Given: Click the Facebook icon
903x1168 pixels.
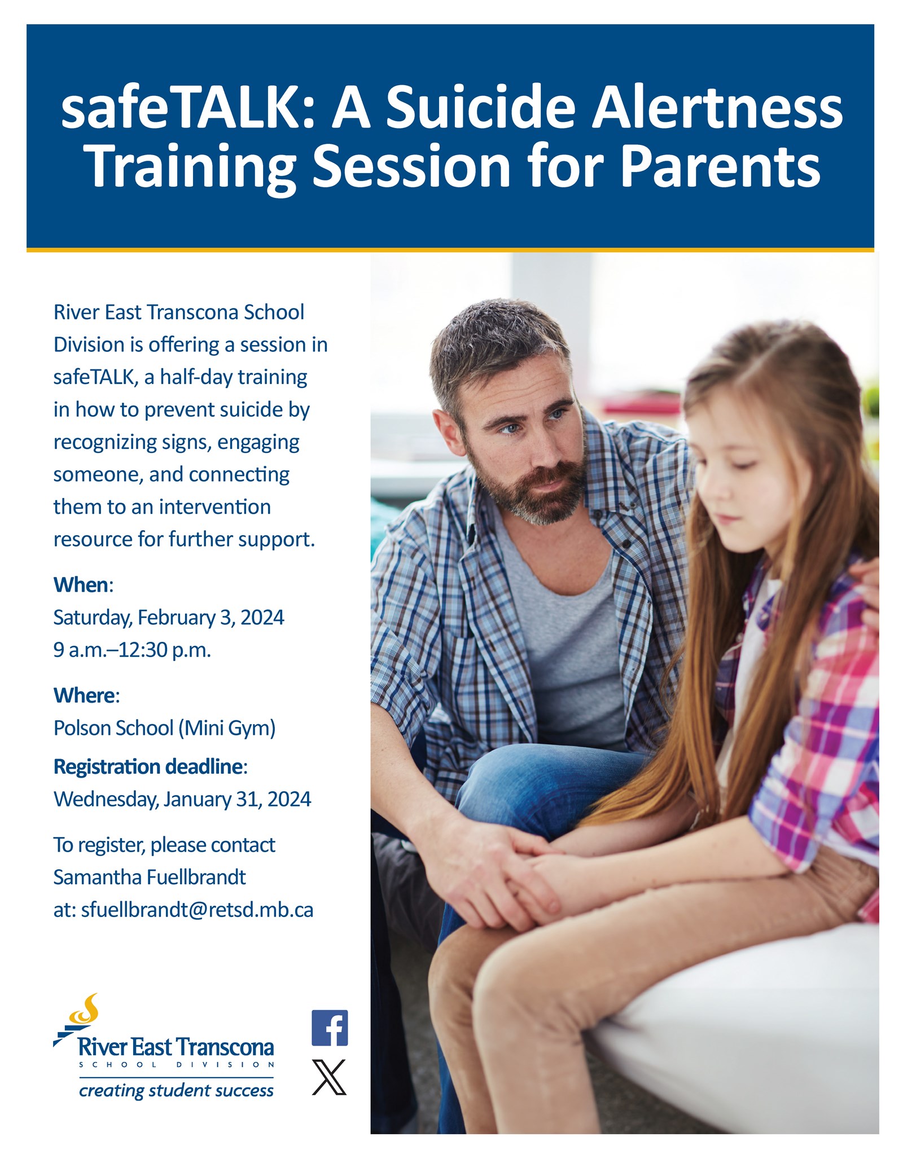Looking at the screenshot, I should pos(330,1028).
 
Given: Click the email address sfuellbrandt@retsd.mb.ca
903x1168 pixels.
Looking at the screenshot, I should pos(197,910).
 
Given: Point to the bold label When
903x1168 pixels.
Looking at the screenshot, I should pos(81,585).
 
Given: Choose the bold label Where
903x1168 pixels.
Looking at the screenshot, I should pos(84,695).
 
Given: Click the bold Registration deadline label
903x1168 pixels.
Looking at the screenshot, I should pos(148,766).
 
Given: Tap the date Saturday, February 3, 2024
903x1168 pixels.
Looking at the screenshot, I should pos(169,618).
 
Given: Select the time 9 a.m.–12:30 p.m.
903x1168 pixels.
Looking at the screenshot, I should pos(132,650).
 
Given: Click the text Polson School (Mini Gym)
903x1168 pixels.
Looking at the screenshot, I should pos(164,728).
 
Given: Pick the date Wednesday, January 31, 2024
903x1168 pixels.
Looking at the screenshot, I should pos(182,799).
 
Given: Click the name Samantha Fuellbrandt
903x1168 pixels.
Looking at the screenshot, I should pos(150,877).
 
